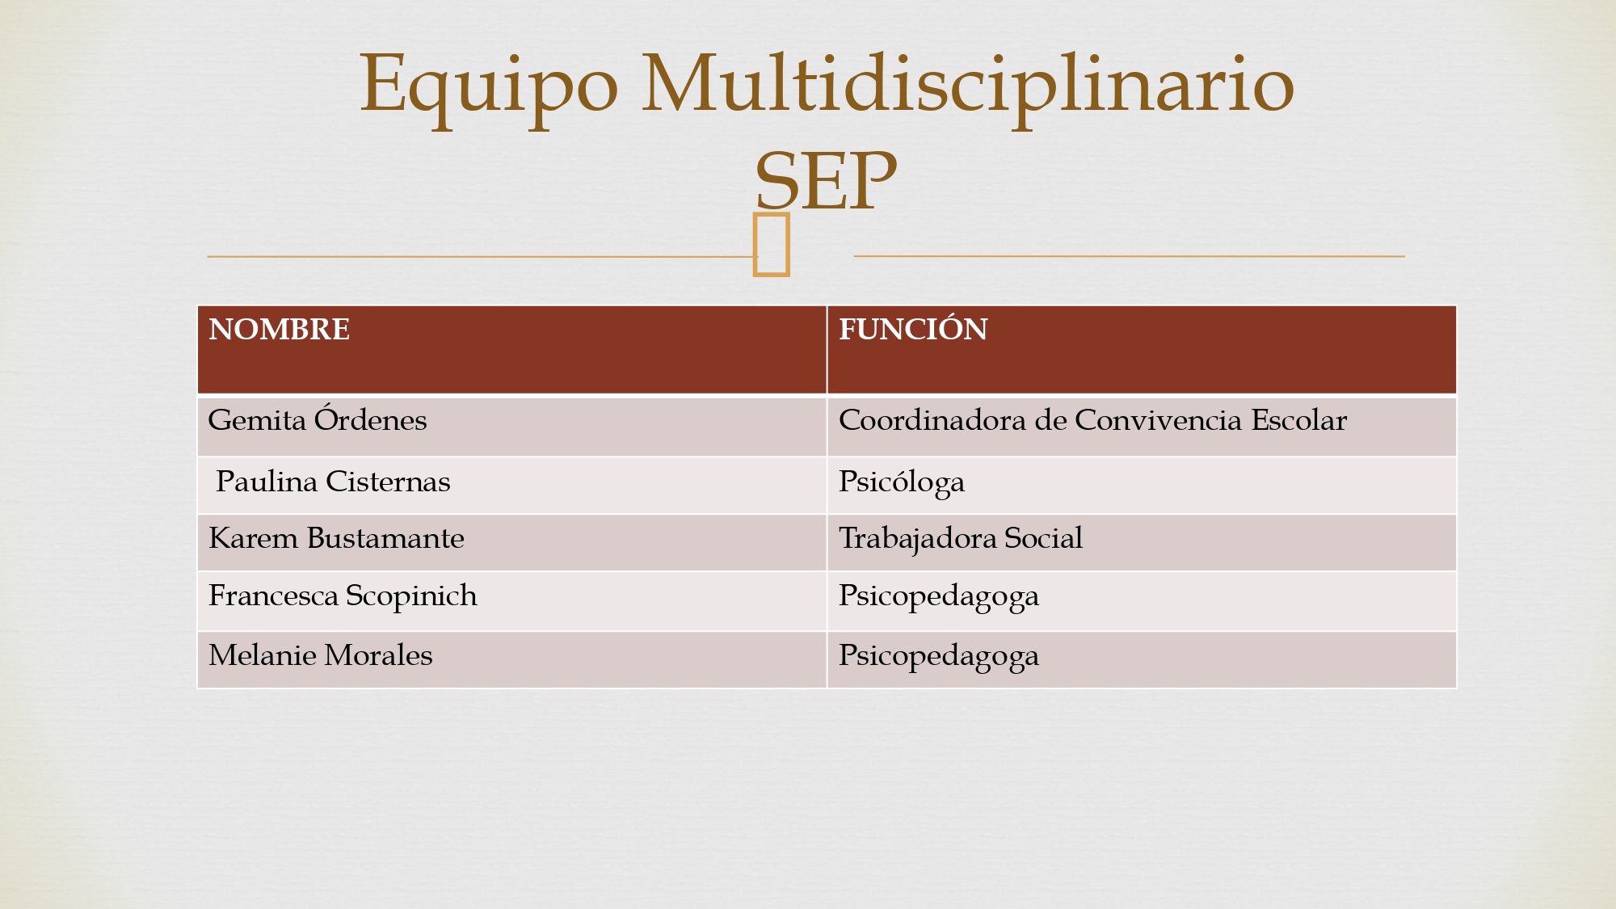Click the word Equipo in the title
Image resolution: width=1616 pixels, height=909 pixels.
(x=489, y=87)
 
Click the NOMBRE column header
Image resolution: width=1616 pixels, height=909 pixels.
(x=279, y=330)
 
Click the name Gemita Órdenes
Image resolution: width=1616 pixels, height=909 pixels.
(x=317, y=419)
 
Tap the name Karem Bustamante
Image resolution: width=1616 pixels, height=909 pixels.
(x=336, y=538)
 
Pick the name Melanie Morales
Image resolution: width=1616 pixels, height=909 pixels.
(x=320, y=655)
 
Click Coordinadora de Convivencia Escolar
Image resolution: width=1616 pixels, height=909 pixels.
(x=1092, y=420)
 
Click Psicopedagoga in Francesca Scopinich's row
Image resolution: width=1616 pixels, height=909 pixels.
(x=939, y=597)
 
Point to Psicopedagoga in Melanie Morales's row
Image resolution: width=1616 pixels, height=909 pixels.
(x=939, y=657)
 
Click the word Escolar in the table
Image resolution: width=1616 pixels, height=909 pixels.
(x=1299, y=420)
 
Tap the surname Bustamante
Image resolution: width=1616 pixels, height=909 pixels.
(x=385, y=538)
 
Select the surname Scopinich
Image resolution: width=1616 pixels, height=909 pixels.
(x=411, y=596)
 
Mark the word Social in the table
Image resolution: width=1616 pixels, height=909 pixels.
(x=1043, y=538)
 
